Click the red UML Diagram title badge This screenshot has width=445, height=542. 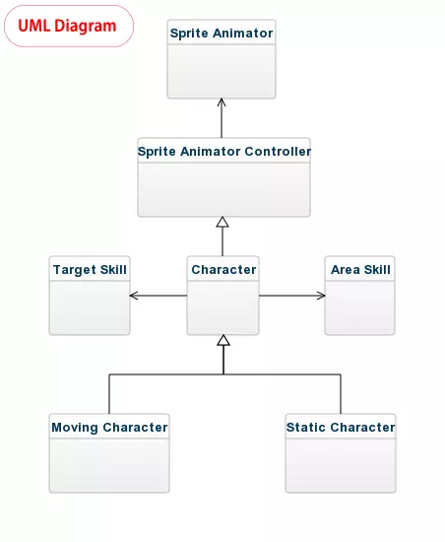tap(69, 26)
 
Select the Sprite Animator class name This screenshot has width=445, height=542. tap(222, 34)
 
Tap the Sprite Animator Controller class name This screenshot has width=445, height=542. tap(224, 152)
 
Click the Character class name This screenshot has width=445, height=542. tap(223, 270)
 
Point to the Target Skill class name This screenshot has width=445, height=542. tap(90, 270)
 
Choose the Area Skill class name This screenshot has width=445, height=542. tap(360, 270)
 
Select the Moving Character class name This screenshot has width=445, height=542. tap(109, 428)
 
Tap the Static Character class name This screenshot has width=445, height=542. tap(341, 428)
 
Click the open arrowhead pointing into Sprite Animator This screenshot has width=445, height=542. tap(222, 102)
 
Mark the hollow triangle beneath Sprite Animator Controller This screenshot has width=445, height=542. tap(222, 223)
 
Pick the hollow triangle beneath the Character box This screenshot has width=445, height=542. tap(223, 340)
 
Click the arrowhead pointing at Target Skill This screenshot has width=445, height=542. tap(134, 296)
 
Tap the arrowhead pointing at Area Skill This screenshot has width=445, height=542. tap(321, 296)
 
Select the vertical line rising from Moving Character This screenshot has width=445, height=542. tap(109, 394)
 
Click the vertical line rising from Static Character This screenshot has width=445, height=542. tap(341, 394)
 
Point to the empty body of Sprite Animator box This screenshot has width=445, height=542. tap(222, 71)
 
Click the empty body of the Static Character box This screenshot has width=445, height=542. tap(341, 465)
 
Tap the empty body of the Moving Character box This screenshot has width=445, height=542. tap(109, 465)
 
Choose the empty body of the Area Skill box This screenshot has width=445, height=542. tap(359, 307)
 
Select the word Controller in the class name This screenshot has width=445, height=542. tap(278, 152)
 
